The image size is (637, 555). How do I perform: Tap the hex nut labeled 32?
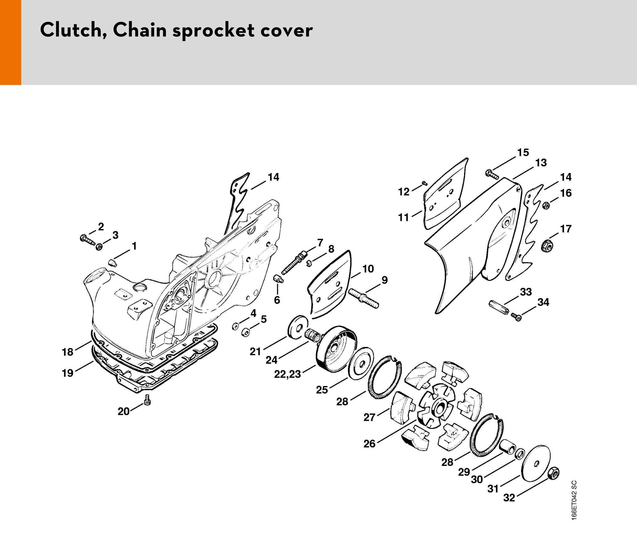coord(553,473)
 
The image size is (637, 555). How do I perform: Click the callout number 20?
coord(123,411)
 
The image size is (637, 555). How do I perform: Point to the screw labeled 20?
coord(147,400)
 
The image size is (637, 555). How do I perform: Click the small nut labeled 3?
coord(99,247)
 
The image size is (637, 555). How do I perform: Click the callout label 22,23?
coord(287,374)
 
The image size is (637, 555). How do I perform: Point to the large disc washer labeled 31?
coord(536,463)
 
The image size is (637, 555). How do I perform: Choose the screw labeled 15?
coord(492,175)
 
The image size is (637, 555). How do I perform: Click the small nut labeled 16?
coord(546,205)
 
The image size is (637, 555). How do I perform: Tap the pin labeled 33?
coord(499,307)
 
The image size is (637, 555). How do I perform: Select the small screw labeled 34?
coord(516,317)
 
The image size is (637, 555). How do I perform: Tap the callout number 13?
coord(541,163)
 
